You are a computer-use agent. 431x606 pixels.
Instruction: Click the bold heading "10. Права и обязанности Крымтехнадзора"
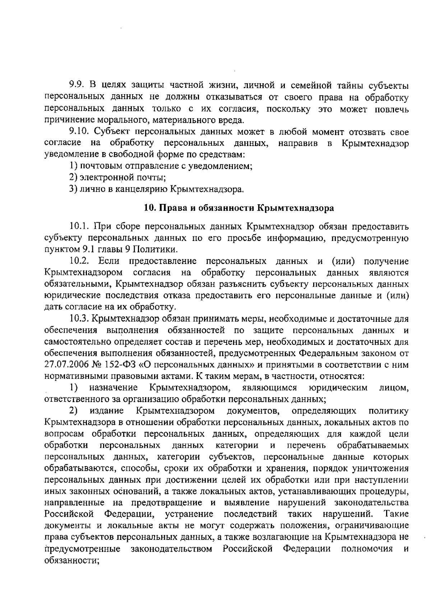pyautogui.click(x=239, y=208)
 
